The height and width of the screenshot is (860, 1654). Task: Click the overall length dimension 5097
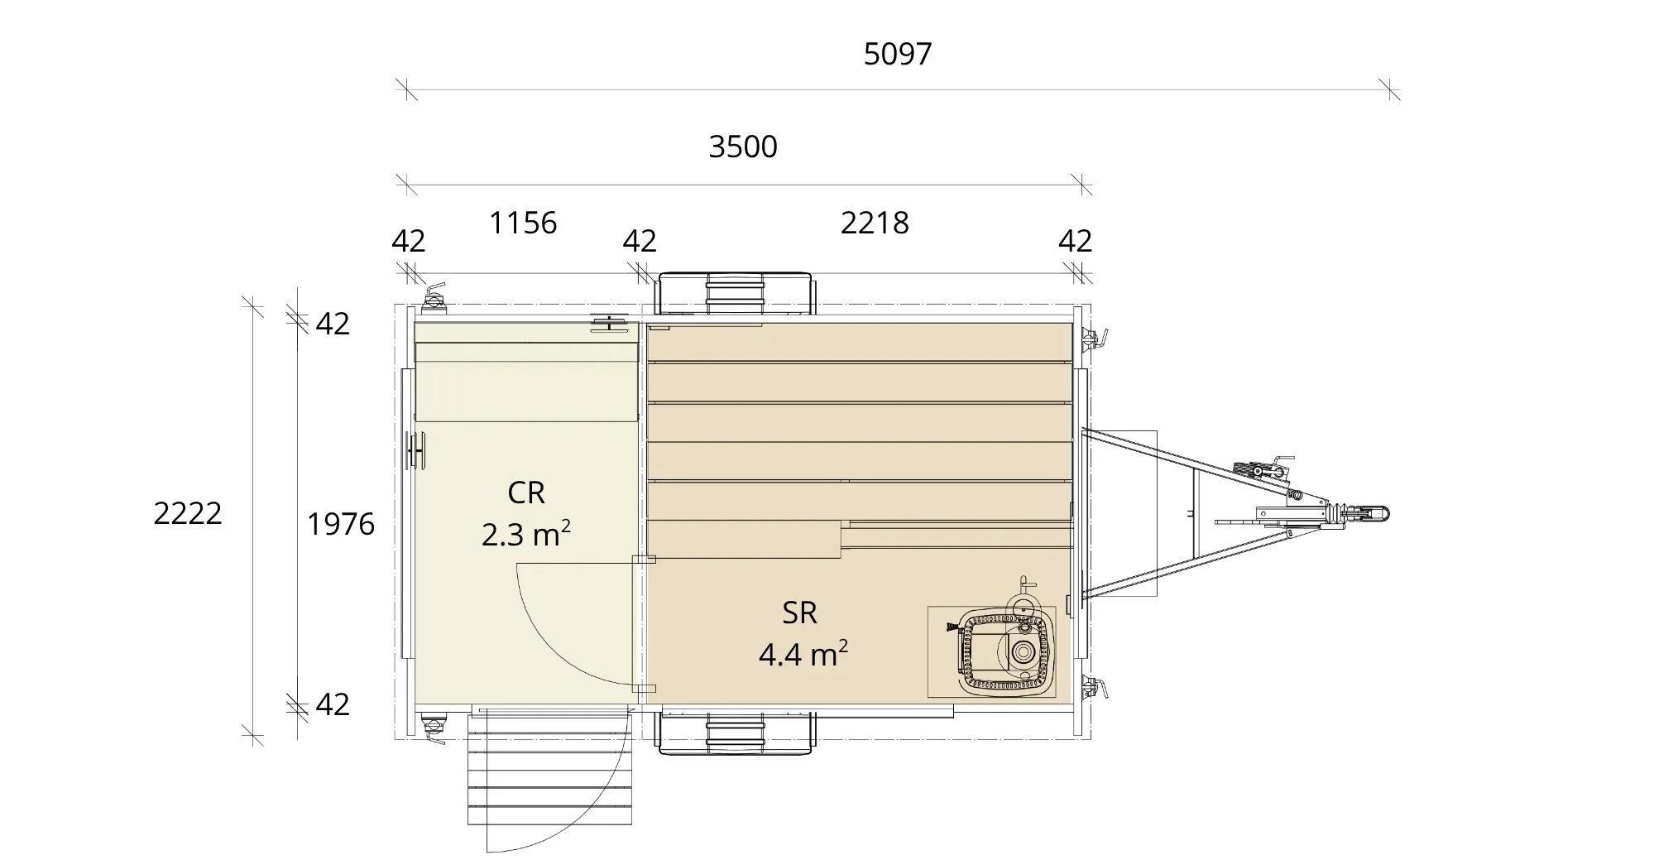898,54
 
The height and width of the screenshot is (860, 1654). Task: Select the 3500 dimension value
743,147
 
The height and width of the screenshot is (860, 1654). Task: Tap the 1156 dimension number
523,223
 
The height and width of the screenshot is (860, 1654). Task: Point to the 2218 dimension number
875,223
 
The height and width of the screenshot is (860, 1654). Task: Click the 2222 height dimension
188,513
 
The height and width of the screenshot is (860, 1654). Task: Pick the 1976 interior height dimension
341,524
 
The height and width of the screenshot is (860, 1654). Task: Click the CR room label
526,492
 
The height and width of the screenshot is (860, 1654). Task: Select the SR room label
800,613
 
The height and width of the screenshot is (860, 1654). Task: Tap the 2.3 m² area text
526,534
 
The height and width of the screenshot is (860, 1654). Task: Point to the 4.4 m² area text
803,654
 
